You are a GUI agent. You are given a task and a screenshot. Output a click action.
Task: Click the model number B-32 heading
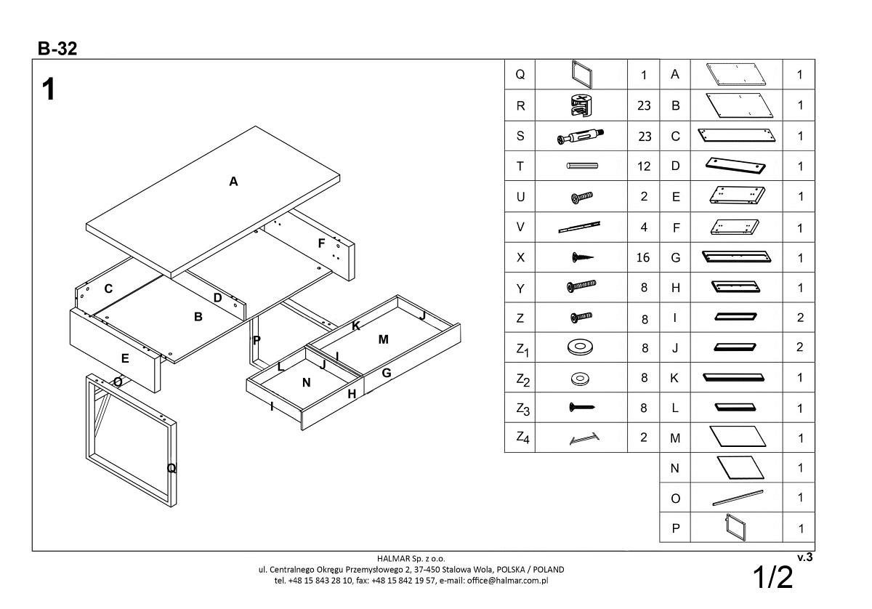point(57,49)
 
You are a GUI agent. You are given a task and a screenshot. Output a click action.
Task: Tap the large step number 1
point(49,90)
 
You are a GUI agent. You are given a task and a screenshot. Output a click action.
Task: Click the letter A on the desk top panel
point(233,182)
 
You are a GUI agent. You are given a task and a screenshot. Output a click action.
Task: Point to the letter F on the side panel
point(321,243)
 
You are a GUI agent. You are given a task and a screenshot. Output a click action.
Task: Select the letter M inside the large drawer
point(384,339)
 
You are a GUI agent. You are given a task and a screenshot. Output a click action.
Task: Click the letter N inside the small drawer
point(306,382)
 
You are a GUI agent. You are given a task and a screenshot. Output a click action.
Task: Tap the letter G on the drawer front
point(387,373)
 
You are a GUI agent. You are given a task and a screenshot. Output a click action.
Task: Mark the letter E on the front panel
point(125,358)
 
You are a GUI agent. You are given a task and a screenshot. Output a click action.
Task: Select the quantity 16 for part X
point(644,257)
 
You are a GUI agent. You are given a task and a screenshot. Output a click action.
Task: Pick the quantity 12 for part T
point(644,166)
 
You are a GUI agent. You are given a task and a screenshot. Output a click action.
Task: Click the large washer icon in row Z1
point(580,347)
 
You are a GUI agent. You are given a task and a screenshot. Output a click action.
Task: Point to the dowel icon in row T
point(581,166)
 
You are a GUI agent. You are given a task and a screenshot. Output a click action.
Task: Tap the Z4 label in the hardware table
point(522,437)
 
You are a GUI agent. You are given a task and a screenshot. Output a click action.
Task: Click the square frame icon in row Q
point(581,75)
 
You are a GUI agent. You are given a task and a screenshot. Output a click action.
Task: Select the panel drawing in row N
point(736,468)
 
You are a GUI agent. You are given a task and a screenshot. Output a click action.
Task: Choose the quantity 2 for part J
point(799,347)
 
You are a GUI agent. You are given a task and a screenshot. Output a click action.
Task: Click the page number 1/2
point(772,577)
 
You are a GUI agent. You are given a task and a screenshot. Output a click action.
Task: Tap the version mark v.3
point(804,557)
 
